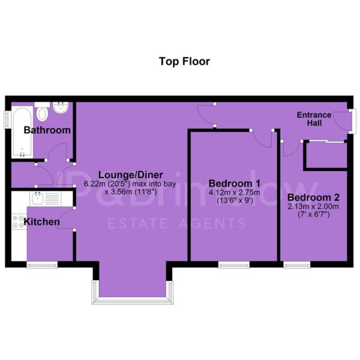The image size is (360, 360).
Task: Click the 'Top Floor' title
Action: tap(184, 62)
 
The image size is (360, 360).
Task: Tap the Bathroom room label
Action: tap(47, 130)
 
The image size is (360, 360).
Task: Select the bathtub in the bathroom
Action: tap(22, 131)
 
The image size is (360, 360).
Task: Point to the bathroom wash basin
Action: tap(61, 107)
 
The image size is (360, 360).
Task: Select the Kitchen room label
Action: tap(42, 222)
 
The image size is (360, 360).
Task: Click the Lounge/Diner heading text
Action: tap(131, 175)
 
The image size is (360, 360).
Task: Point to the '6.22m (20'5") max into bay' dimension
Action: tap(130, 184)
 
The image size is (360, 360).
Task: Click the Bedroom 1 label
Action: tap(235, 184)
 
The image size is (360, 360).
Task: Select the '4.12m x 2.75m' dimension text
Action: tap(235, 193)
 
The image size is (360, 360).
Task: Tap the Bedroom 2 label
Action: tap(313, 197)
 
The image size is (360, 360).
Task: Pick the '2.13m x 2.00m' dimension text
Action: tap(313, 206)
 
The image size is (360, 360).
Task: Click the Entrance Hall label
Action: tap(314, 119)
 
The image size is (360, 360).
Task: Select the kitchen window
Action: tap(42, 265)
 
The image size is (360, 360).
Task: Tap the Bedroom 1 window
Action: tap(234, 265)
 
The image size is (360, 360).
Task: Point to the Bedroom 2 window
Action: tap(297, 265)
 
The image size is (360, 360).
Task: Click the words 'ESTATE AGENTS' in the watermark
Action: tap(177, 223)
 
